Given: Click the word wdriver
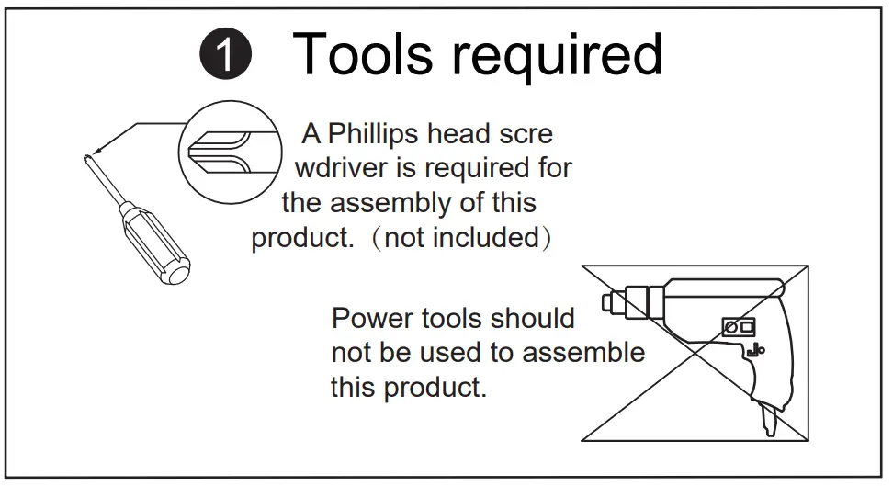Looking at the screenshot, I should (345, 168).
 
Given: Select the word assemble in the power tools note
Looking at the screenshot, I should (587, 353).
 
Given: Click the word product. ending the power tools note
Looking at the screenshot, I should (434, 387).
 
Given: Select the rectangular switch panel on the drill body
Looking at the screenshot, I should (740, 325).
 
